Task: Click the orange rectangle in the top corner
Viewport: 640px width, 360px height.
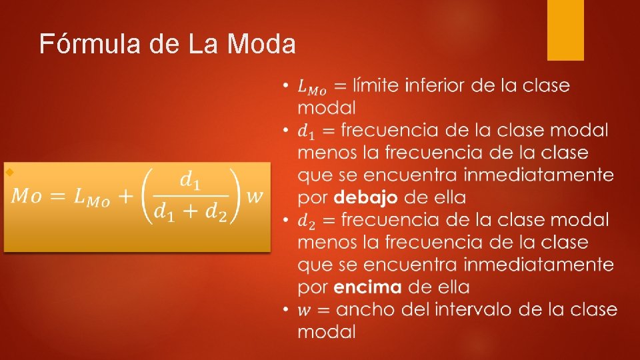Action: (565, 29)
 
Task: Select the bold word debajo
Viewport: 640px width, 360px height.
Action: (366, 197)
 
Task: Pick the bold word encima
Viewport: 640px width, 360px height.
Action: (367, 287)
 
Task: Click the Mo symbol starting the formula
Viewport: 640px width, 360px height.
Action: (30, 197)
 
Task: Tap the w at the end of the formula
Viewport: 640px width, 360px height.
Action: (254, 196)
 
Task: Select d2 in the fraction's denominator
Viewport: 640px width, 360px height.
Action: (215, 213)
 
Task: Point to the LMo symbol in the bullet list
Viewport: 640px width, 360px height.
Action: (312, 87)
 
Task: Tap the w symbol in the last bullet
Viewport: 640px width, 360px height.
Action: (304, 310)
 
